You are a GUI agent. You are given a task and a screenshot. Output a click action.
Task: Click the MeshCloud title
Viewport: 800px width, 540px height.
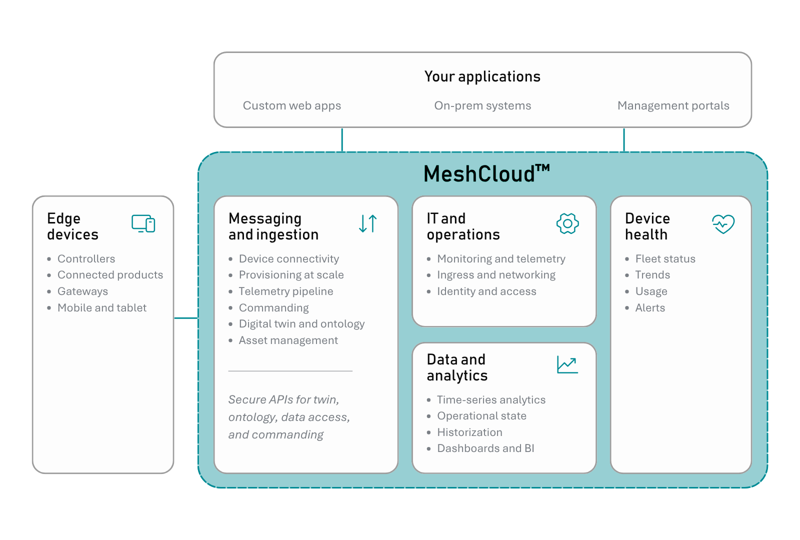486,173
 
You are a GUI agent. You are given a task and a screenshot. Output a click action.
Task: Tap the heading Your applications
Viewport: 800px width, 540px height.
482,76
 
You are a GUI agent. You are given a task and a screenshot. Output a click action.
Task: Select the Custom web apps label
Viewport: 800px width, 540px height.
292,105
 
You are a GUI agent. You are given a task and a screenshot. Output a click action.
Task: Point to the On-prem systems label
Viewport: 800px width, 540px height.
482,105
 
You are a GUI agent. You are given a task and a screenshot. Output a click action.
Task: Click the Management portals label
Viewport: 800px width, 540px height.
673,105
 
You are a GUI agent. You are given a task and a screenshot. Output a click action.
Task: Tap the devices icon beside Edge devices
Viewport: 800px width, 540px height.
143,223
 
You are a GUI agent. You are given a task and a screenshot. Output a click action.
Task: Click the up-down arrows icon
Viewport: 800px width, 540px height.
368,223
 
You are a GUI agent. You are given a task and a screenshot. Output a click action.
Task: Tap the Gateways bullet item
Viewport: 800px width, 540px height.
82,291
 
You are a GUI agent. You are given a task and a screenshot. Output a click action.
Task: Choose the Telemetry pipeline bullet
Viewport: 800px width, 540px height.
285,291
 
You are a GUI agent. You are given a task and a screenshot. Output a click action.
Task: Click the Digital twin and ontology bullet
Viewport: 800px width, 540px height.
302,324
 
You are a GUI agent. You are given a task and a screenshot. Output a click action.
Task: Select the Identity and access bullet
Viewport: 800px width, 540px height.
486,291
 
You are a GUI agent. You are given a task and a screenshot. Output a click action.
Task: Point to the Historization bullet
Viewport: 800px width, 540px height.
469,432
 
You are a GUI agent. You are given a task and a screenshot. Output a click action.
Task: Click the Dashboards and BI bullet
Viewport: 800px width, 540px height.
485,448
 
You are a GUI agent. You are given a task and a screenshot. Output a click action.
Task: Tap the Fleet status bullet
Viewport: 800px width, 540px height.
665,259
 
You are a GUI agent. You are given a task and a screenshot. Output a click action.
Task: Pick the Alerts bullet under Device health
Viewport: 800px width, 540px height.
650,308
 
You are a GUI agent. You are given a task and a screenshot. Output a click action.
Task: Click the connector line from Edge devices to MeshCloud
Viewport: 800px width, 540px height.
186,318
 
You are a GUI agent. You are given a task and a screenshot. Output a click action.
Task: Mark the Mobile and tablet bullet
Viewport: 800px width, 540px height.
102,308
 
